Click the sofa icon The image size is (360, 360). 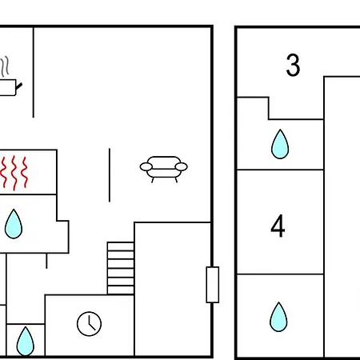(x=163, y=169)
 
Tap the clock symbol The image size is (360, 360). (x=89, y=323)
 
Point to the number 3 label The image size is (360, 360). (x=293, y=65)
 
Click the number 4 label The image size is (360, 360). (x=278, y=226)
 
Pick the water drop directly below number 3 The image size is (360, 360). (x=280, y=144)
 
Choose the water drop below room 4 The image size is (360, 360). (x=278, y=317)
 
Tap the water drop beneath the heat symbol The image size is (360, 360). (x=14, y=224)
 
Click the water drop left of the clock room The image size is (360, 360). (x=26, y=341)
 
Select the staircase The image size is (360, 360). (x=121, y=268)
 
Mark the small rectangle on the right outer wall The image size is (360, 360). (x=213, y=285)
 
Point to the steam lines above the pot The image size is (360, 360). (x=5, y=66)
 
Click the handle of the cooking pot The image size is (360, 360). (x=19, y=86)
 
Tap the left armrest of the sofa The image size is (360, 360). (x=146, y=167)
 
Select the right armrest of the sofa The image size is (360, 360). (x=182, y=166)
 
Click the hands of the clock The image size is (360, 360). (x=91, y=323)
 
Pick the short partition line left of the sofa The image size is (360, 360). (x=110, y=175)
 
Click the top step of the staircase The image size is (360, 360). (x=121, y=246)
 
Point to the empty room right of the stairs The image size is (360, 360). (x=173, y=289)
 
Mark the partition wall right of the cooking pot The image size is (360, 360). (x=34, y=72)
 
